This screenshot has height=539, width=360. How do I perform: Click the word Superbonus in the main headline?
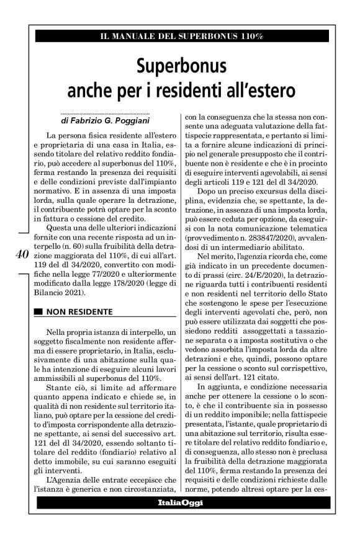coord(179,65)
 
